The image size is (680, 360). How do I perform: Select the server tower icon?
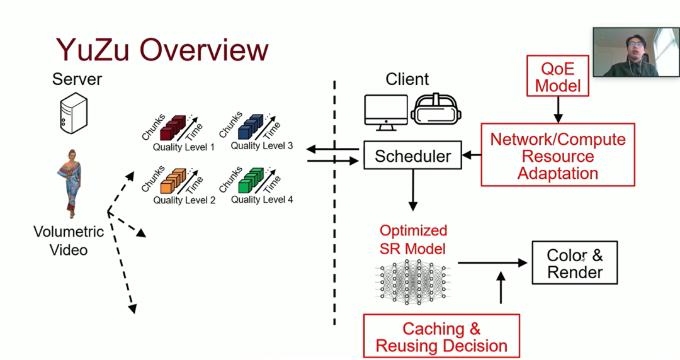click(x=73, y=115)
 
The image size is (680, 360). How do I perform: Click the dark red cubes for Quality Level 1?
click(x=174, y=128)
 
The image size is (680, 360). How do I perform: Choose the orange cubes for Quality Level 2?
click(x=174, y=181)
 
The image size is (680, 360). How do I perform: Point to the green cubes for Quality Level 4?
click(x=251, y=181)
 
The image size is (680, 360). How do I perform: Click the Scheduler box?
click(x=412, y=156)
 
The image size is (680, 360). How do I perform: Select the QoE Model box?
click(x=557, y=76)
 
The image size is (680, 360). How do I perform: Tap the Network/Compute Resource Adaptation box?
click(x=558, y=155)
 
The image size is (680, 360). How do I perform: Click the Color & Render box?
click(x=575, y=263)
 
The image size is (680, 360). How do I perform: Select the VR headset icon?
click(x=436, y=109)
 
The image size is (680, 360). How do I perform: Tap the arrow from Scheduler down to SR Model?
click(x=413, y=191)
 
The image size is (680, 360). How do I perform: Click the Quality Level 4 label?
click(x=262, y=200)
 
